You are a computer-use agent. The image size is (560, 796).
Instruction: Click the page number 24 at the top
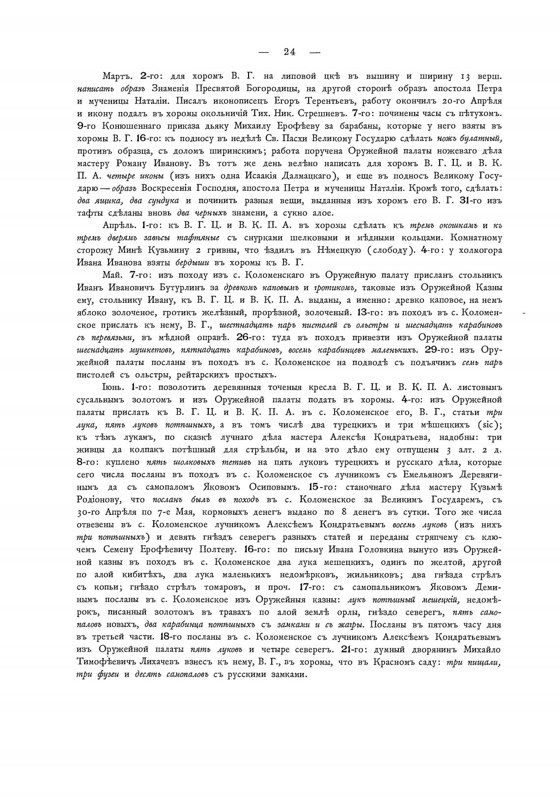coord(289,52)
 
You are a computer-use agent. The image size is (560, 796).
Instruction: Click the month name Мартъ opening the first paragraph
coord(118,77)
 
